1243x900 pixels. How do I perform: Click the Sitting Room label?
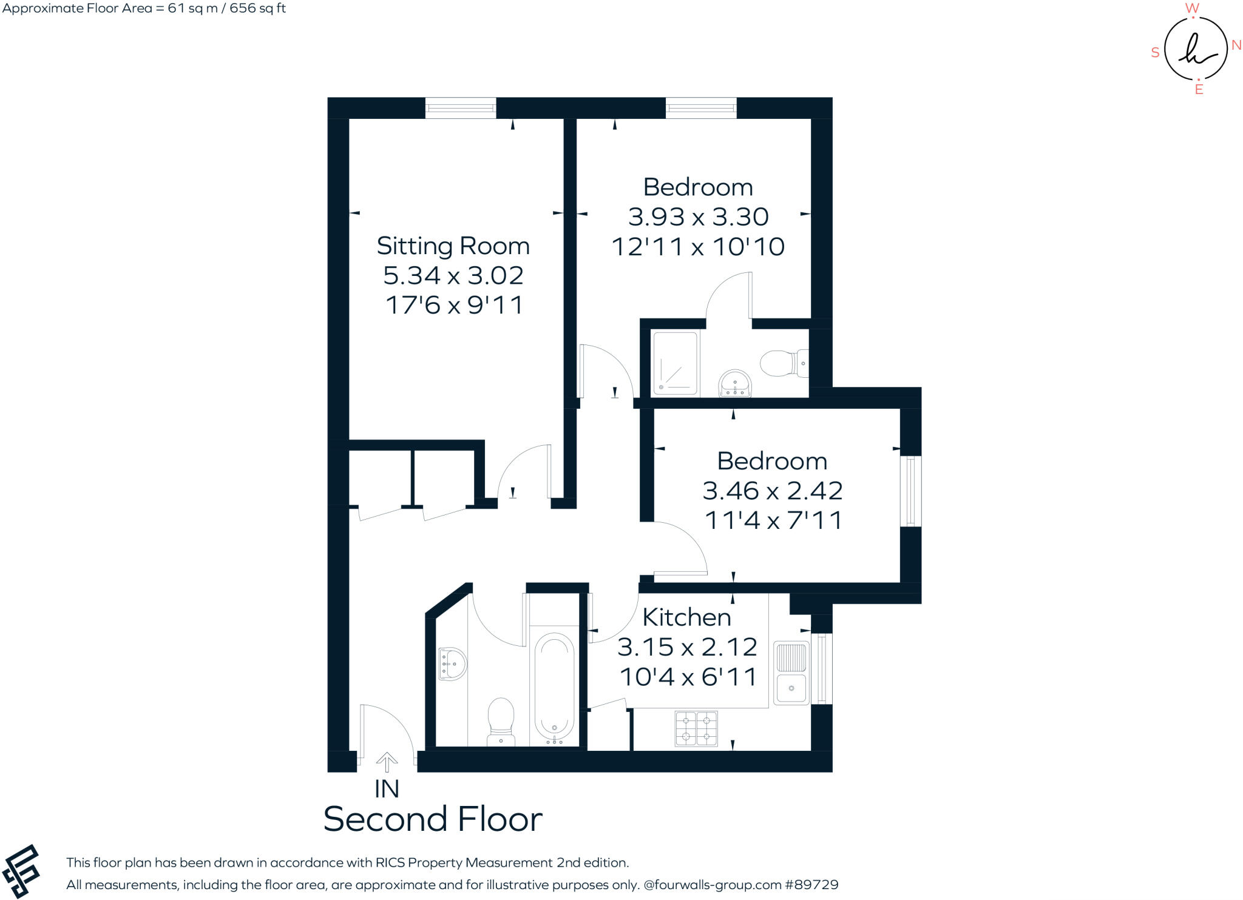[x=453, y=246]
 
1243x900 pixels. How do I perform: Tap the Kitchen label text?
[x=686, y=617]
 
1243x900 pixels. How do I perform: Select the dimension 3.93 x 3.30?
[x=698, y=217]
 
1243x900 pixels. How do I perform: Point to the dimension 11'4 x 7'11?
[x=773, y=520]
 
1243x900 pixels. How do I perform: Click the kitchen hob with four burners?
[x=696, y=728]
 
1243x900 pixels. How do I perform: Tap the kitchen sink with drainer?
[x=791, y=673]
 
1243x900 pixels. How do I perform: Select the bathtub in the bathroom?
[x=554, y=689]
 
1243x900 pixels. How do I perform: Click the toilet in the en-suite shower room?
[x=782, y=363]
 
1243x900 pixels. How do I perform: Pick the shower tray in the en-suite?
[x=675, y=363]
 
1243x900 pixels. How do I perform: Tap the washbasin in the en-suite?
[x=735, y=383]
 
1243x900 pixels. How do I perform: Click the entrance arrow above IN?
[x=387, y=762]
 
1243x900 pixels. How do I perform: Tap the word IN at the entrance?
[x=387, y=789]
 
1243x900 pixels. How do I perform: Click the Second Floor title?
[x=433, y=819]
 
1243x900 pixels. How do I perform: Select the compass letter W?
[x=1192, y=8]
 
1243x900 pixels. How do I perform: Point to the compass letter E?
[x=1199, y=90]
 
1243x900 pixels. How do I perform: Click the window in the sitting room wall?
[x=460, y=108]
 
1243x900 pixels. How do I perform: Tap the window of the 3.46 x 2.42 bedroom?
[x=910, y=491]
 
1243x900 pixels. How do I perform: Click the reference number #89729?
[x=811, y=885]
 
